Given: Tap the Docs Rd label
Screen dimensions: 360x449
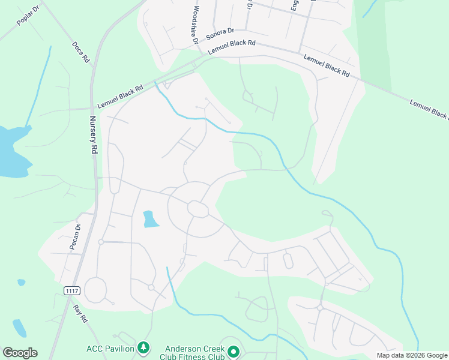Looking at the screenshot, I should click(80, 52).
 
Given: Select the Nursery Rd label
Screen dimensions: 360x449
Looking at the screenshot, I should click(94, 136).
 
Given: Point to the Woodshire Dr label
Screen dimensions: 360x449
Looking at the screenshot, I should click(195, 25).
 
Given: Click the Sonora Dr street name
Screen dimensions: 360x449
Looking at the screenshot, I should click(220, 34).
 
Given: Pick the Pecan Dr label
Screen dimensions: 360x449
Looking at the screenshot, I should click(77, 238).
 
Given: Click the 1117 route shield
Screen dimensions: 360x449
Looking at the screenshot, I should click(72, 290).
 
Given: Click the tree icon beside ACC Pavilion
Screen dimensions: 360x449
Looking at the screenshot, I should click(143, 347).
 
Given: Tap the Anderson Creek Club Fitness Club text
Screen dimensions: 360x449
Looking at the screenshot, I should click(194, 352).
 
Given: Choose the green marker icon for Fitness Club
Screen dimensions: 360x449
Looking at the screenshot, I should click(234, 352).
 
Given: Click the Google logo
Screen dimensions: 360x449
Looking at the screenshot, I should click(20, 353).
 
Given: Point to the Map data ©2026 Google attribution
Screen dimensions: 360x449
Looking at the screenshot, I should click(411, 355).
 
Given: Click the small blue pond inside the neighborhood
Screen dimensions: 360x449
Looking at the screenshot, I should click(151, 220).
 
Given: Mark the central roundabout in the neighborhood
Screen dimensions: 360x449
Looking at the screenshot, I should click(197, 209).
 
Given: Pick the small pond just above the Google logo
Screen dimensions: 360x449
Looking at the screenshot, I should click(19, 328).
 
